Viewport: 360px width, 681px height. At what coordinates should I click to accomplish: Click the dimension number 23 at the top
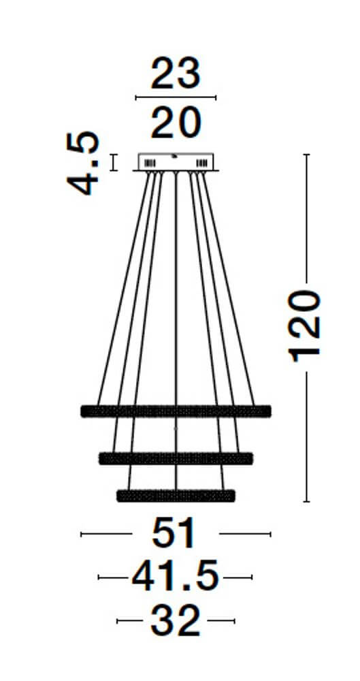pyautogui.click(x=176, y=73)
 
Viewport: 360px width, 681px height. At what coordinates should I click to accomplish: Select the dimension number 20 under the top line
pyautogui.click(x=176, y=123)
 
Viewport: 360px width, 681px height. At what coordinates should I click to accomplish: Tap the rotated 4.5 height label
pyautogui.click(x=83, y=163)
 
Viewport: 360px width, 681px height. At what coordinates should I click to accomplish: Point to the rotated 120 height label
pyautogui.click(x=304, y=326)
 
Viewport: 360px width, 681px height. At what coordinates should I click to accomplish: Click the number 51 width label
pyautogui.click(x=174, y=533)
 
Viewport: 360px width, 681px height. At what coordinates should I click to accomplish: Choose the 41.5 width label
pyautogui.click(x=175, y=577)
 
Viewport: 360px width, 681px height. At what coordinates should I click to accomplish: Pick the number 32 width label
pyautogui.click(x=176, y=621)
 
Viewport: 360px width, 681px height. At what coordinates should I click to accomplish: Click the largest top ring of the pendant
pyautogui.click(x=176, y=411)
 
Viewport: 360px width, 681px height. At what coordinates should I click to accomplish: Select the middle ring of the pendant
pyautogui.click(x=176, y=458)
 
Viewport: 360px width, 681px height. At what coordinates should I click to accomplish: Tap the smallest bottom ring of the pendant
pyautogui.click(x=176, y=496)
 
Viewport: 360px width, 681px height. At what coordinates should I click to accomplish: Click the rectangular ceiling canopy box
pyautogui.click(x=176, y=161)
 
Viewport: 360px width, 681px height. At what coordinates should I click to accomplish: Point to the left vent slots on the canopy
pyautogui.click(x=150, y=163)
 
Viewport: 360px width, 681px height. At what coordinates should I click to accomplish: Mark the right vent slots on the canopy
pyautogui.click(x=201, y=163)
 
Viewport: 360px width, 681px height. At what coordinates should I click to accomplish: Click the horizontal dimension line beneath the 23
pyautogui.click(x=176, y=97)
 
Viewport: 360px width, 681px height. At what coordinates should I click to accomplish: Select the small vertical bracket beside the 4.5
pyautogui.click(x=114, y=163)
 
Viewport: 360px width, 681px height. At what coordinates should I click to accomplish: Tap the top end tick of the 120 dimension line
pyautogui.click(x=307, y=154)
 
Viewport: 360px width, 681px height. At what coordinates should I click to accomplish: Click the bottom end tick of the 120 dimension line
pyautogui.click(x=307, y=502)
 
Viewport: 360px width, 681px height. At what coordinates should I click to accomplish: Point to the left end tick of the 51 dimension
pyautogui.click(x=81, y=534)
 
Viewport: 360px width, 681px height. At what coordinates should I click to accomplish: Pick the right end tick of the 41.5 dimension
pyautogui.click(x=252, y=577)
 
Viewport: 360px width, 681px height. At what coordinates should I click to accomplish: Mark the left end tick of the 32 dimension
pyautogui.click(x=117, y=621)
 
